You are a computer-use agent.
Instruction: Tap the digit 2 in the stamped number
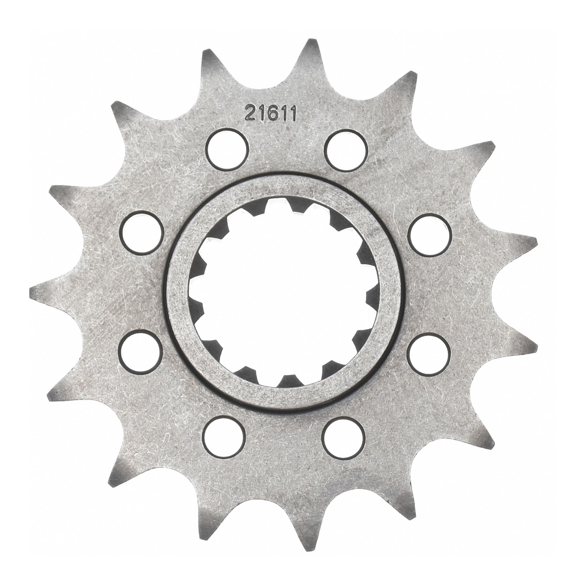(x=251, y=113)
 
